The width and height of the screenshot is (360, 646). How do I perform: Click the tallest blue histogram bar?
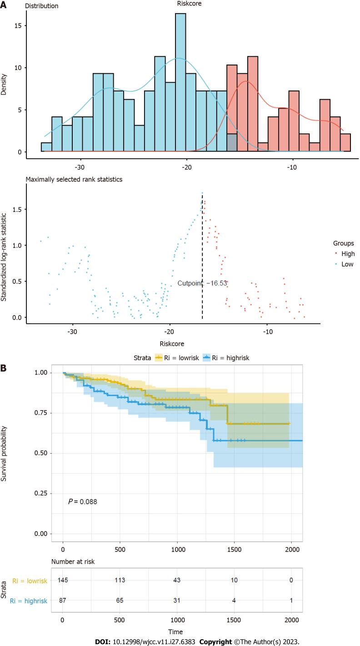[x=180, y=82]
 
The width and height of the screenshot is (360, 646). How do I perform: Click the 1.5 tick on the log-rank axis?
[x=16, y=210]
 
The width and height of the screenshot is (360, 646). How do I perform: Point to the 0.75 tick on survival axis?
[x=44, y=413]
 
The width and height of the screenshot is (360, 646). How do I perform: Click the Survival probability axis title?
[x=6, y=453]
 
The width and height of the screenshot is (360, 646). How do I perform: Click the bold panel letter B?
[x=4, y=366]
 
